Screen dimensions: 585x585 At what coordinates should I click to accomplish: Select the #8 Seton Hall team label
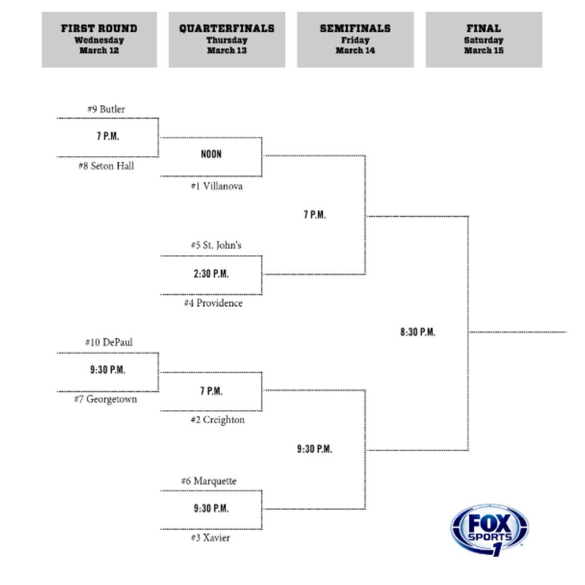point(106,166)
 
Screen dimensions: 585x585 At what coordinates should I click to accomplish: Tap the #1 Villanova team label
point(217,186)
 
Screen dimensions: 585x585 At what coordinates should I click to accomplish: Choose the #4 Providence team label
point(213,303)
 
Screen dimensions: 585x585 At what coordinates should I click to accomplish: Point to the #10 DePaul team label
point(109,342)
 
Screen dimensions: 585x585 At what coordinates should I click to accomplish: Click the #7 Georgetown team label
point(105,399)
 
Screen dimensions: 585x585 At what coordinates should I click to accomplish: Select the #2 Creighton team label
point(217,420)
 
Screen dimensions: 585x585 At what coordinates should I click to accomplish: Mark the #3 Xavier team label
point(211,538)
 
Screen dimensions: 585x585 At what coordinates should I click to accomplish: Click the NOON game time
point(211,154)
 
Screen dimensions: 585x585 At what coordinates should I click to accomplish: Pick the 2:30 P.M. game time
point(211,274)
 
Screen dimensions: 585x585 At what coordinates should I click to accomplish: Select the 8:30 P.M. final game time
point(418,332)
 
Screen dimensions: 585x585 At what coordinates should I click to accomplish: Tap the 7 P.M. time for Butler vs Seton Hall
point(107,136)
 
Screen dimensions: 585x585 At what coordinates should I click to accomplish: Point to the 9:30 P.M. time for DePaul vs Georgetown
point(107,370)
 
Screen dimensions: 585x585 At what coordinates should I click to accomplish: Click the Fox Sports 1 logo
point(490,530)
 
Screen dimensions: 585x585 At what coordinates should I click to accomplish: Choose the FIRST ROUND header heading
point(99,29)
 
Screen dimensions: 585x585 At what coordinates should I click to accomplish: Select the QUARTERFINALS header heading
point(227,29)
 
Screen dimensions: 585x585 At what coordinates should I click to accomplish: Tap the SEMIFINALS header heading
point(355,29)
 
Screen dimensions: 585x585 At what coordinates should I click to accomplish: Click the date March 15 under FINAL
point(483,51)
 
